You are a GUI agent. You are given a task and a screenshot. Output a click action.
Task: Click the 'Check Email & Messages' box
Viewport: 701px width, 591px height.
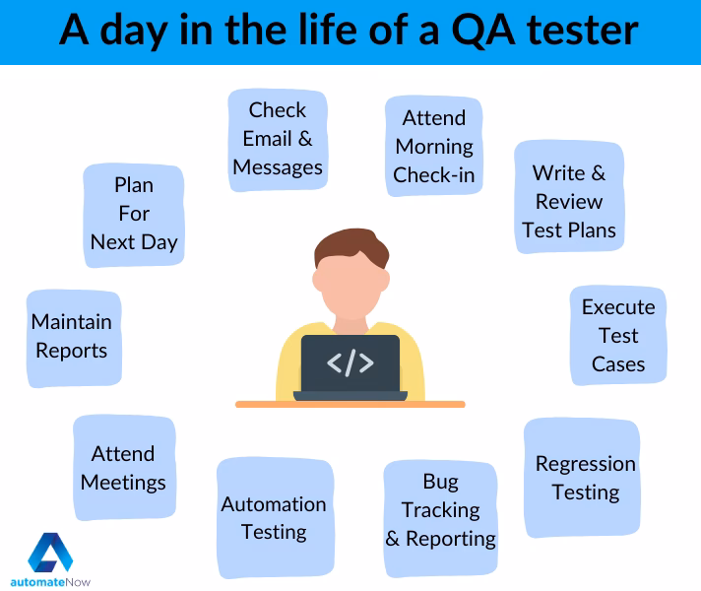point(277,139)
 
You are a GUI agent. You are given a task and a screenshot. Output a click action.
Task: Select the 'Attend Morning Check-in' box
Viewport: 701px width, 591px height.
point(433,147)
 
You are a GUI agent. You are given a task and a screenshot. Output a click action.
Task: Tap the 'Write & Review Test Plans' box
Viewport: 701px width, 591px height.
point(569,202)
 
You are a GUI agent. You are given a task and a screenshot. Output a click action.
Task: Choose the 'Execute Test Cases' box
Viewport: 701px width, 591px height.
point(617,336)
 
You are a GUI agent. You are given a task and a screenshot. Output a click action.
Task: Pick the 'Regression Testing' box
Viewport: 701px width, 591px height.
point(585,478)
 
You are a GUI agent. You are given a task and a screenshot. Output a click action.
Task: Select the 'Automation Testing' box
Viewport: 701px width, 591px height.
point(274,518)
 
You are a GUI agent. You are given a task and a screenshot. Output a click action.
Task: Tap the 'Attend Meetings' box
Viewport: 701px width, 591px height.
point(123,468)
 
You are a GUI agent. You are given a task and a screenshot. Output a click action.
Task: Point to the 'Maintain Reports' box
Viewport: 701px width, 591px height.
point(72,336)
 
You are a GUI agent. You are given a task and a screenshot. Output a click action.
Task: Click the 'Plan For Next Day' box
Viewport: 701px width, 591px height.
point(134,214)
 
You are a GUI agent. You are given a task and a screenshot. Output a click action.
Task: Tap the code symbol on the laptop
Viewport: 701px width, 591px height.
point(350,362)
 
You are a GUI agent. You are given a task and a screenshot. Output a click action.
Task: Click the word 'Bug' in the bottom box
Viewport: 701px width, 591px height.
point(440,482)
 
